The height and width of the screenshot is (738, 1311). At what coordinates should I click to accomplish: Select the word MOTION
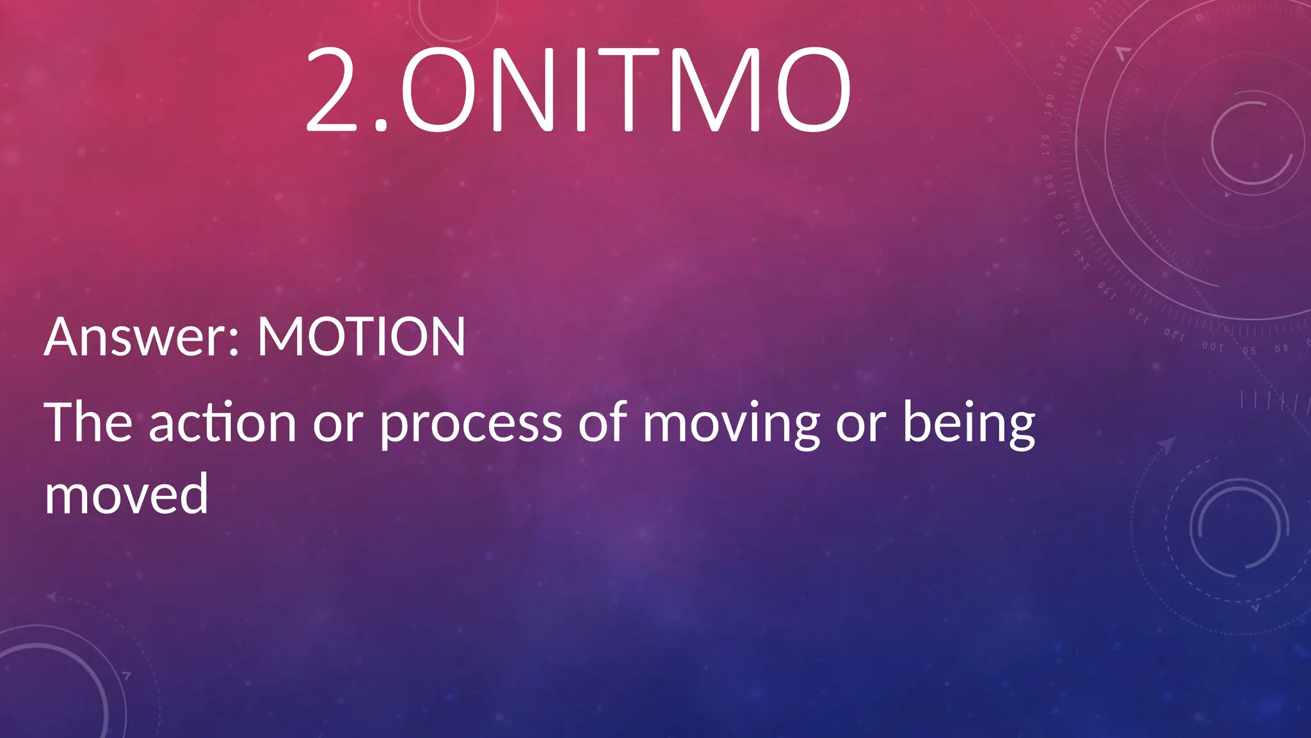click(361, 337)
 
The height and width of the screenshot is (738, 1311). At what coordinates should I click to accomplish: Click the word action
click(223, 423)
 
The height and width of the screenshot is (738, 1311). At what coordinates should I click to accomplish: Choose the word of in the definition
click(601, 422)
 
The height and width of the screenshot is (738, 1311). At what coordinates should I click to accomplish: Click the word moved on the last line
click(126, 495)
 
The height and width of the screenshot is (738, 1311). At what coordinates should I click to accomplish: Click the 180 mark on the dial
click(1049, 104)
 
